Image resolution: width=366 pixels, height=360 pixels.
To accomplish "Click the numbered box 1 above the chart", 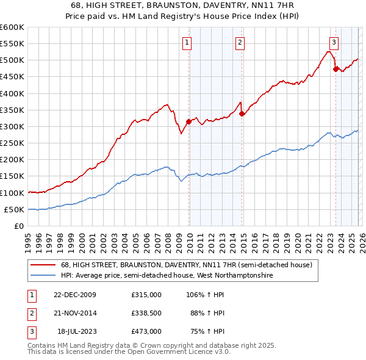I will point(186,43).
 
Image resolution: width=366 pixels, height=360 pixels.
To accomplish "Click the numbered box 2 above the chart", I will point(240,43).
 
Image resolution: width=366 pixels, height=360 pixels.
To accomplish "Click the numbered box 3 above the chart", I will point(334,43).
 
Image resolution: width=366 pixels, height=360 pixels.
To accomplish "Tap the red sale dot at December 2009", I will point(188,121).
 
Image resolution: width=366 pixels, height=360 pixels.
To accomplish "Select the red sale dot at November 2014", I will point(242,113).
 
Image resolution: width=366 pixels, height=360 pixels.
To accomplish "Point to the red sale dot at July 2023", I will point(335,69).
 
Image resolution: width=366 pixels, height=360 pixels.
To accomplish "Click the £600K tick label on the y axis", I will point(12,27).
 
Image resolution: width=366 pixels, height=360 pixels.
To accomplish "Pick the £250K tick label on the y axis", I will point(12,143).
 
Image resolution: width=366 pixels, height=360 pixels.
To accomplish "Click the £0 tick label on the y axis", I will point(18,226).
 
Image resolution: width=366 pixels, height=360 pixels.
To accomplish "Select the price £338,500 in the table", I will point(146,313).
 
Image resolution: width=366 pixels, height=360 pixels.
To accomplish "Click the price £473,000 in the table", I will point(146,331).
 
